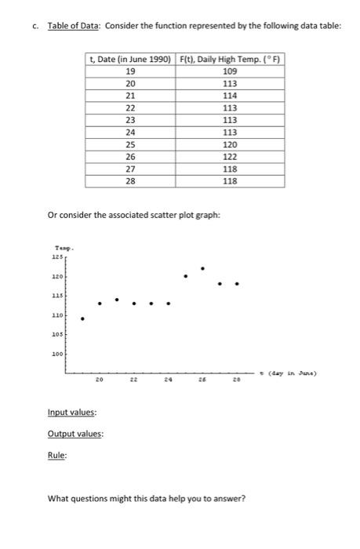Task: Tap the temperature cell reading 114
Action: [x=230, y=95]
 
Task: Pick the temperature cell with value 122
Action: [x=230, y=156]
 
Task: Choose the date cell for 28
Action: [x=130, y=180]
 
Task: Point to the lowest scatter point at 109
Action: [x=82, y=318]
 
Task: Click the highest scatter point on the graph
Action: [x=202, y=269]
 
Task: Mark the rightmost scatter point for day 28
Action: [x=237, y=284]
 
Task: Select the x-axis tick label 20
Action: [x=99, y=382]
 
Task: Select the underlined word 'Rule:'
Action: [x=56, y=453]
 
